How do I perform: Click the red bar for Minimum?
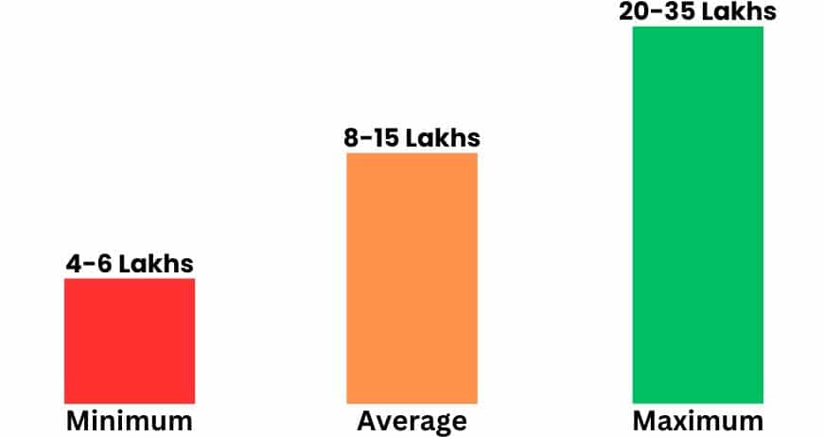pos(130,341)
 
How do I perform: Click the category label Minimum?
pos(130,420)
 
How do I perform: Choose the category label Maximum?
pos(697,420)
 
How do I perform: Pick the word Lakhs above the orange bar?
pos(443,138)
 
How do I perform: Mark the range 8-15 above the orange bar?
pos(372,138)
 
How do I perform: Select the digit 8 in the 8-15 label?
pos(352,138)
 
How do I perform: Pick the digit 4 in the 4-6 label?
pos(73,264)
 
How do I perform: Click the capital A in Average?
pos(366,420)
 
